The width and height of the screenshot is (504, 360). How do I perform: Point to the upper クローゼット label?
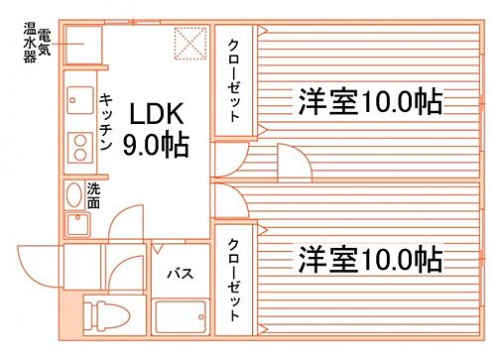coord(235,79)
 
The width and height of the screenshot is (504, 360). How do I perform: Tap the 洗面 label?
coord(94,194)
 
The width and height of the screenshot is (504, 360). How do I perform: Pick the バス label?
coord(179,275)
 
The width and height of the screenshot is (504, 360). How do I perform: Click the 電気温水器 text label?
coord(37,42)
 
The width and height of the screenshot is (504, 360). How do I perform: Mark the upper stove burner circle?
coord(76,134)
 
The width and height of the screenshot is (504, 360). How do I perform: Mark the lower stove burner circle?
coord(76,153)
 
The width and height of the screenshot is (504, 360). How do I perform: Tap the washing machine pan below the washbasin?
coord(76,223)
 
